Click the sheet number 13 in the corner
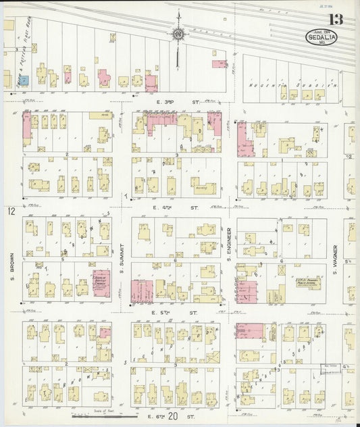[336, 18]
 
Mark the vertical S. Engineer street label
[230, 243]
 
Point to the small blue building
[23, 80]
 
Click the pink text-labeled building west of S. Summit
[101, 286]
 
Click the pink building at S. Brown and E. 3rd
[27, 125]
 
